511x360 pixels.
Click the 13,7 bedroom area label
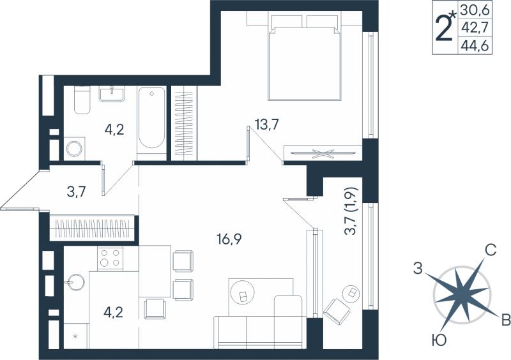[267, 124]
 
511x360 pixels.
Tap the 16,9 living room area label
[229, 240]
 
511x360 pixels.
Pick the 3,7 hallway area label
[76, 191]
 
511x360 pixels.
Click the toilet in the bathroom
[82, 100]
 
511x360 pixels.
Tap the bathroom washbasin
[112, 94]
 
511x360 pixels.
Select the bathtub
[151, 119]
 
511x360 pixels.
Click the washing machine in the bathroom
[75, 149]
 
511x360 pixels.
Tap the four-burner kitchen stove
[110, 259]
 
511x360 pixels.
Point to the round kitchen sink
[75, 283]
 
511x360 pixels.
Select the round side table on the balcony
[352, 294]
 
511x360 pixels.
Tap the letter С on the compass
[490, 250]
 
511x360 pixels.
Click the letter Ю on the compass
[439, 341]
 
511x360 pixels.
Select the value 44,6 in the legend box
[475, 46]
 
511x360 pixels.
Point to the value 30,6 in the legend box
[475, 10]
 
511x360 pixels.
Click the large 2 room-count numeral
[443, 27]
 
